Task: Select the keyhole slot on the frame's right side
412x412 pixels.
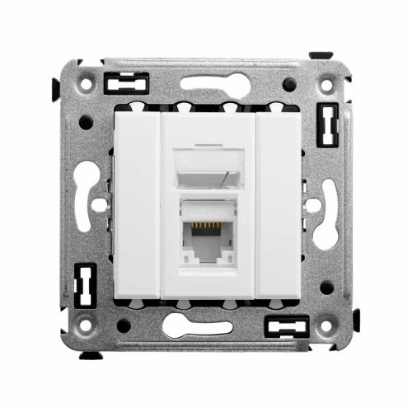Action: (x=328, y=206)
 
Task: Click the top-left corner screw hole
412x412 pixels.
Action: (x=85, y=83)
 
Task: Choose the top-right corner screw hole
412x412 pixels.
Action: (x=328, y=83)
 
